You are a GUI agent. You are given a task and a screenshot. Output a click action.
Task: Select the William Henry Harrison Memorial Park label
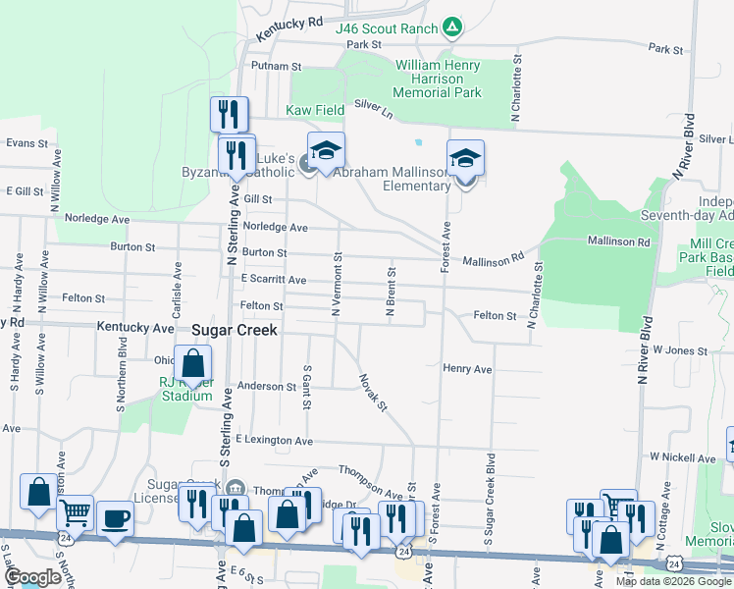coord(438,79)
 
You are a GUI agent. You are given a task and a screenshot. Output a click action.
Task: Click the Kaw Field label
coord(315,111)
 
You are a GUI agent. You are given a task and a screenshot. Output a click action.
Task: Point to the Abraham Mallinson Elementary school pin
coord(466,159)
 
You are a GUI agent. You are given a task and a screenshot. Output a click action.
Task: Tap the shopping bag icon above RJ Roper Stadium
coord(193,362)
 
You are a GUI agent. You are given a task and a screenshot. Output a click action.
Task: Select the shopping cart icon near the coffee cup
coord(76,511)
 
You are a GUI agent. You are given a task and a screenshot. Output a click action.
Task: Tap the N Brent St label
coord(391,292)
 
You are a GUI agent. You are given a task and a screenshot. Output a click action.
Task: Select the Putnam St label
coord(276,66)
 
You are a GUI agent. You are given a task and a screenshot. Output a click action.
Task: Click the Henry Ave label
coord(467,369)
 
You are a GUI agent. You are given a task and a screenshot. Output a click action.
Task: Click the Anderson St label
coord(263,388)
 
